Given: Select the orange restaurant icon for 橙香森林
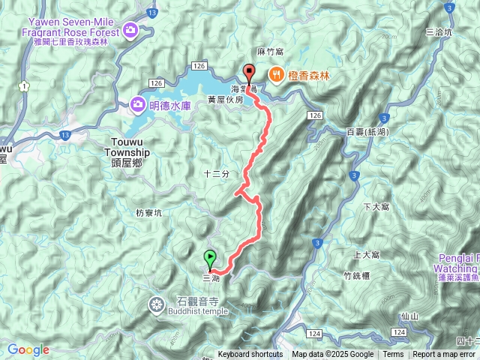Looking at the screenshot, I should [x=277, y=74].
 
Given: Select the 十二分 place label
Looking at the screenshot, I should [x=215, y=173].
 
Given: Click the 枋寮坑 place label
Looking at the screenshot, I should [x=149, y=212].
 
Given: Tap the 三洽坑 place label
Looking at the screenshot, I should [x=439, y=32].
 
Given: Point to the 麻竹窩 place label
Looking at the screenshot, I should [x=269, y=52].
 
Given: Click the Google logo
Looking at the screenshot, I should [x=28, y=349].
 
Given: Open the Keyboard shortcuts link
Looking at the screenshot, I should [x=250, y=355].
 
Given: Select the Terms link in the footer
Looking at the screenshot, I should [x=393, y=355].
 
